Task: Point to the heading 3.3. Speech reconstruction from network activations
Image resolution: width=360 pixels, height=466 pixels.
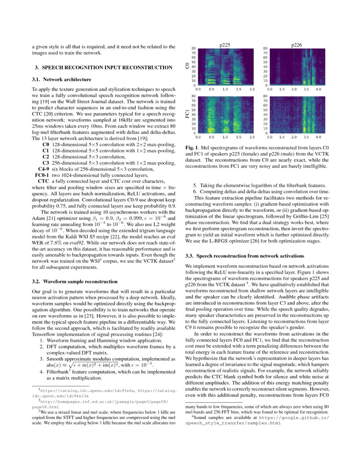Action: [x=245, y=256]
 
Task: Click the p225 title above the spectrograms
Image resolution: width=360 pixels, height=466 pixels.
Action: [x=225, y=45]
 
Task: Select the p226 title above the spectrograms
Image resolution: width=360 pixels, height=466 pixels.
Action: [x=296, y=45]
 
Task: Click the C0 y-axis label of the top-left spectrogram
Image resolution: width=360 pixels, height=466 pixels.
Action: [x=187, y=66]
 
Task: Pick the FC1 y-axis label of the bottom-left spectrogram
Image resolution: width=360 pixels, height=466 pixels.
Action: [x=187, y=115]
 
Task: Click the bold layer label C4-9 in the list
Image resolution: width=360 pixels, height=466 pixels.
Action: [x=44, y=169]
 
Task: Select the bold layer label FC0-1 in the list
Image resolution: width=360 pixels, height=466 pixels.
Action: [x=42, y=175]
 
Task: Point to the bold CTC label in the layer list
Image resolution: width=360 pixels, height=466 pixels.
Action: [x=44, y=181]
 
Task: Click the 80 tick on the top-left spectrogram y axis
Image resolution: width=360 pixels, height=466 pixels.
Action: [x=193, y=48]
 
